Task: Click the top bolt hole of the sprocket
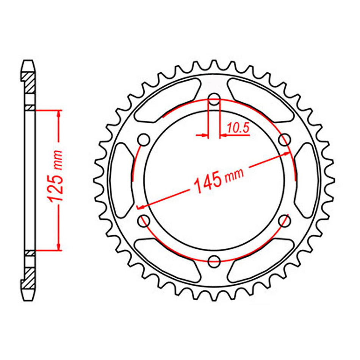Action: (x=214, y=99)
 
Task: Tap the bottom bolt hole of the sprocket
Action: (x=214, y=261)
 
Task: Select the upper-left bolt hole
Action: (x=144, y=139)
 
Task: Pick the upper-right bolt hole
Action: (x=285, y=139)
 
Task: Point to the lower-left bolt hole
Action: (x=144, y=221)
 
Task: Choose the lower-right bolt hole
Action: (x=285, y=221)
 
